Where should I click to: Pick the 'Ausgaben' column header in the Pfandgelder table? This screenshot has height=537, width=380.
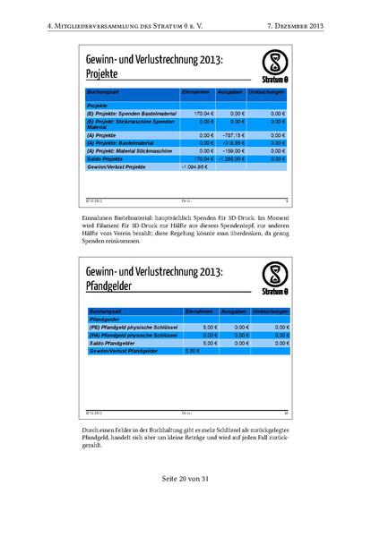pyautogui.click(x=233, y=311)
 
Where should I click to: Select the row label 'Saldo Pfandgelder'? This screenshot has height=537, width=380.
pyautogui.click(x=113, y=343)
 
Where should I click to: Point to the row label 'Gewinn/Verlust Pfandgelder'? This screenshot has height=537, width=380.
pyautogui.click(x=125, y=351)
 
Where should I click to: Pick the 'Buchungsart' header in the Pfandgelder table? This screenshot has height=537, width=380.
pyautogui.click(x=104, y=311)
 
